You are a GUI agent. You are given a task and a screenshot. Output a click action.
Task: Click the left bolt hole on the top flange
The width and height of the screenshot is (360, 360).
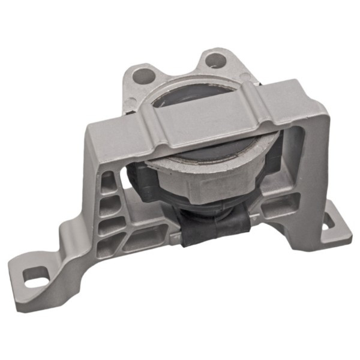(142, 76)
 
